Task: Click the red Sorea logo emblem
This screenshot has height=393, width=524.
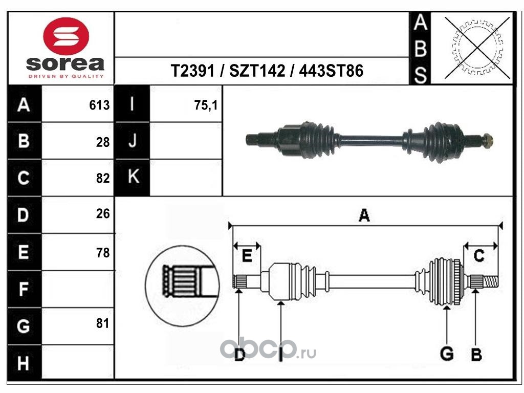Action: [66, 36]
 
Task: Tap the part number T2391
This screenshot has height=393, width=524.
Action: [192, 71]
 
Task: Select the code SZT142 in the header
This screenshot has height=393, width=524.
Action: [257, 71]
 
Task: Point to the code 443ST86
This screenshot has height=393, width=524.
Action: [331, 71]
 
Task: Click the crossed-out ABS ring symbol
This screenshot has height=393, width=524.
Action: [477, 48]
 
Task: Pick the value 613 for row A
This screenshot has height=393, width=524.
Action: [99, 105]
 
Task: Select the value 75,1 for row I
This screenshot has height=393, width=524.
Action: [206, 105]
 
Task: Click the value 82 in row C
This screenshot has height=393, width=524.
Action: [103, 178]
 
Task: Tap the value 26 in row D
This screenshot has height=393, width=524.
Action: [103, 213]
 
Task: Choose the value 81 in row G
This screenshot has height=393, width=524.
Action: [102, 323]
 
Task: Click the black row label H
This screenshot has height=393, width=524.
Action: [23, 363]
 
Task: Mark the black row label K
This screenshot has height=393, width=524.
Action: [133, 177]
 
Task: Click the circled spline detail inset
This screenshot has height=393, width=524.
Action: [182, 286]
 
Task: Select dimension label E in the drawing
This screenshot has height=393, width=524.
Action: [247, 256]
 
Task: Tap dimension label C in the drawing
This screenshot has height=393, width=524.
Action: [479, 256]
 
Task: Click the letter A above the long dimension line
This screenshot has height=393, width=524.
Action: [364, 215]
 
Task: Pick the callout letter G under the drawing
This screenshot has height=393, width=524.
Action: [447, 354]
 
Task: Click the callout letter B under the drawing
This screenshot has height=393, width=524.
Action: [476, 354]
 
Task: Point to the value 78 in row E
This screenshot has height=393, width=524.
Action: [103, 253]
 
